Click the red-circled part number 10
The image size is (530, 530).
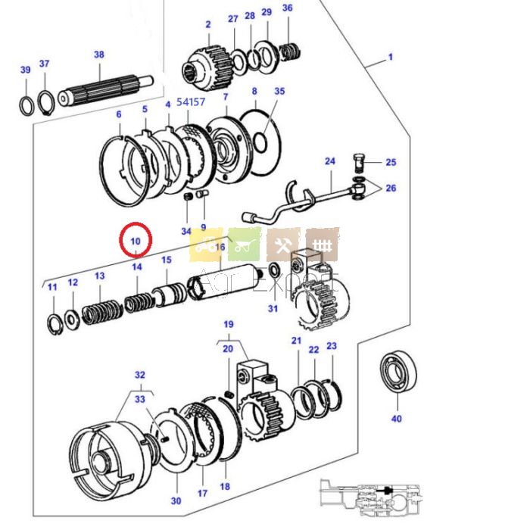point(136,241)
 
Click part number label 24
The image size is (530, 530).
point(329,161)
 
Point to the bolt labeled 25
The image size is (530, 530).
point(360,161)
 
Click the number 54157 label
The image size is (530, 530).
point(191,101)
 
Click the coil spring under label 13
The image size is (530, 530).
point(101,310)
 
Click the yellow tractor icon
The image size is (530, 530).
point(207,244)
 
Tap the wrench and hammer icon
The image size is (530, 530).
point(283,244)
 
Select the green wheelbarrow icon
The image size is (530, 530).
point(245,244)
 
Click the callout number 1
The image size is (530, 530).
point(391,57)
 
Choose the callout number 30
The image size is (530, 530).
point(176,500)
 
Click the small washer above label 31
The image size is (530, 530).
point(273,270)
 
